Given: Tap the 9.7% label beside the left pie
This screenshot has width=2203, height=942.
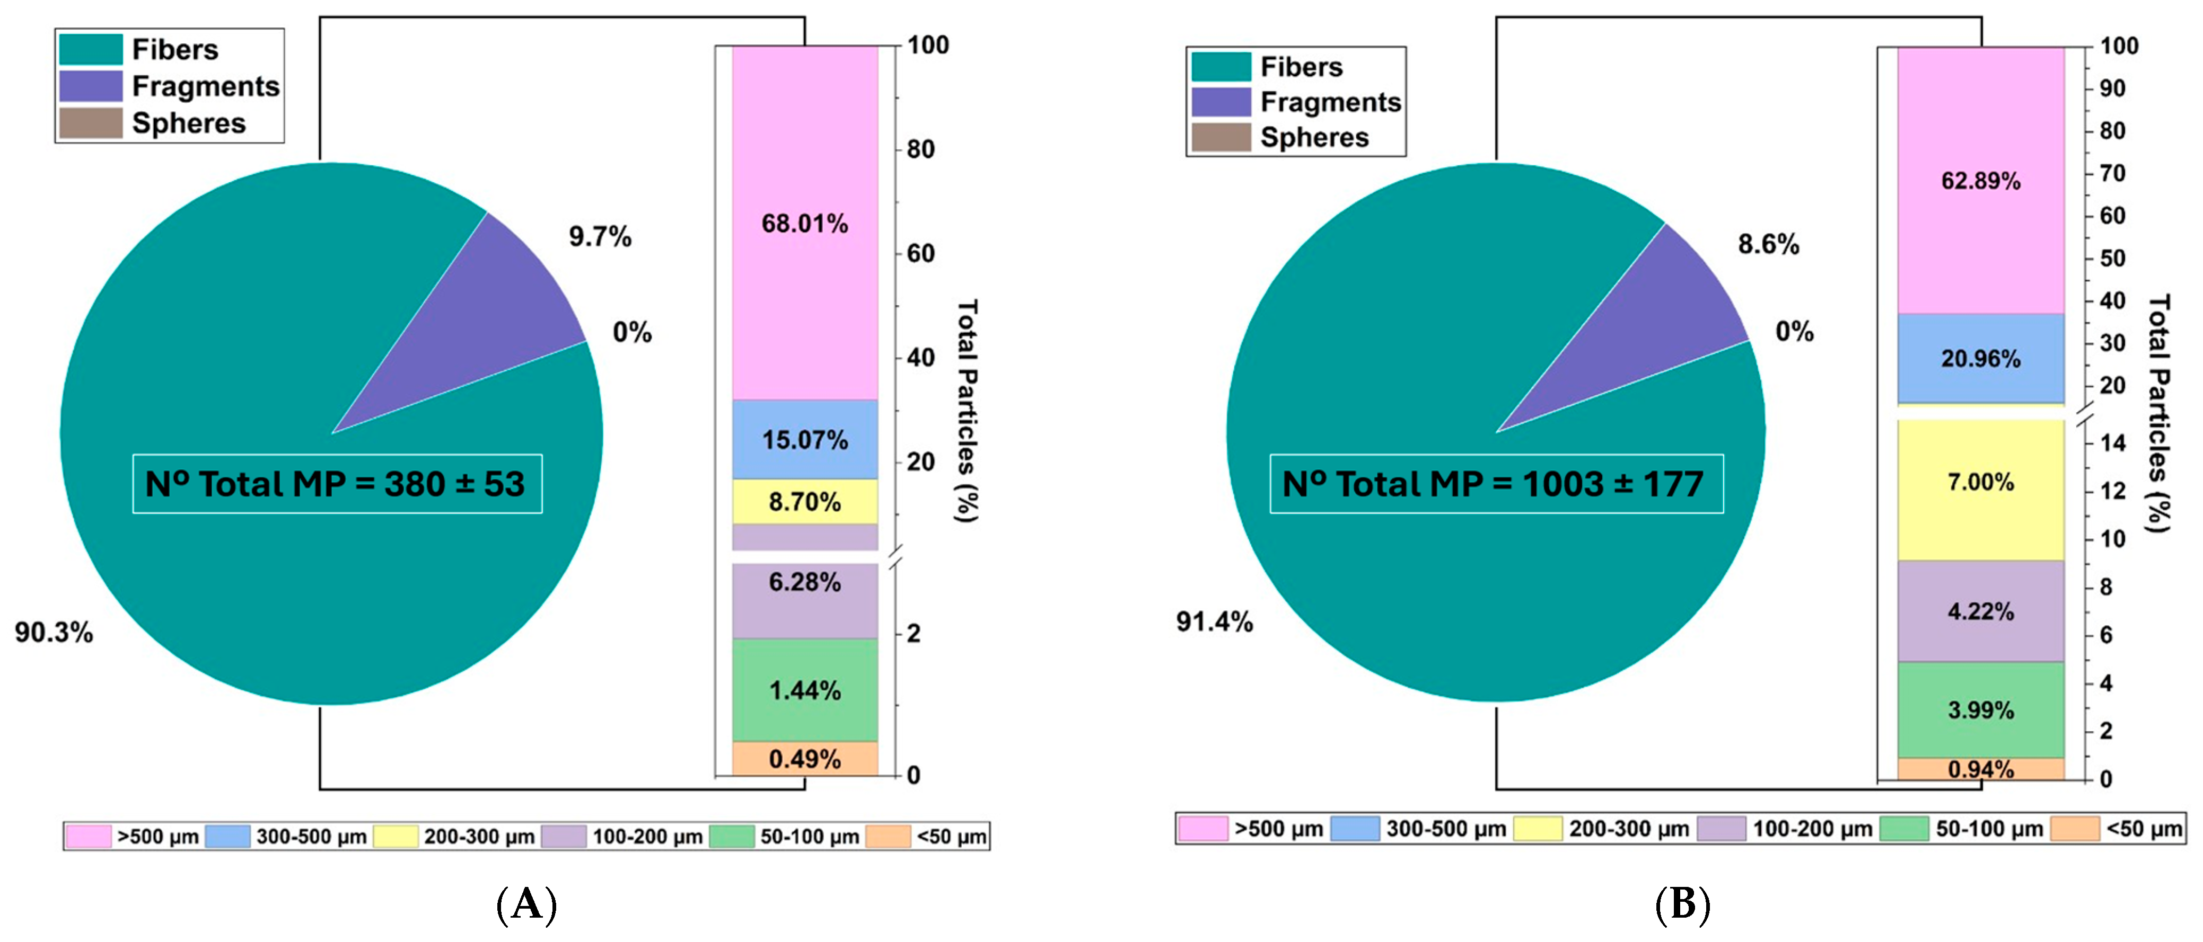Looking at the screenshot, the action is click(x=600, y=237).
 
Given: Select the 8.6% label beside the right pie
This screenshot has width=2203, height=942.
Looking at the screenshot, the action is click(x=1769, y=244).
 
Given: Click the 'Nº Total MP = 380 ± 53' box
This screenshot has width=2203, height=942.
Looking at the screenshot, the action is click(x=337, y=484).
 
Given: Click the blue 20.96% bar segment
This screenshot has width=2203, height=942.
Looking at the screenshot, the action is click(x=1981, y=358).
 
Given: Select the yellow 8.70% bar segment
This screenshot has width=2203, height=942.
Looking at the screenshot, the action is click(x=805, y=501).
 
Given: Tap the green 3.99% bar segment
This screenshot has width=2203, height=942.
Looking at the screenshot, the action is click(x=1981, y=709).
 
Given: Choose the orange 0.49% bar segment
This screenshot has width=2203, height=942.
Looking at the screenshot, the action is click(x=805, y=758).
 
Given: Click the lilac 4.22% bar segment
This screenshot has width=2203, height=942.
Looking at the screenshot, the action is click(x=1981, y=611).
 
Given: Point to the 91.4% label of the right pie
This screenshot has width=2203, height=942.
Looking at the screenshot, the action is click(x=1214, y=621).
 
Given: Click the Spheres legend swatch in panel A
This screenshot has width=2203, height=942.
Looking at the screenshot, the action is click(x=91, y=123).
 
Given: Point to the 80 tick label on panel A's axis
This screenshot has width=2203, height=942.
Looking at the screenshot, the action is click(x=921, y=149).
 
